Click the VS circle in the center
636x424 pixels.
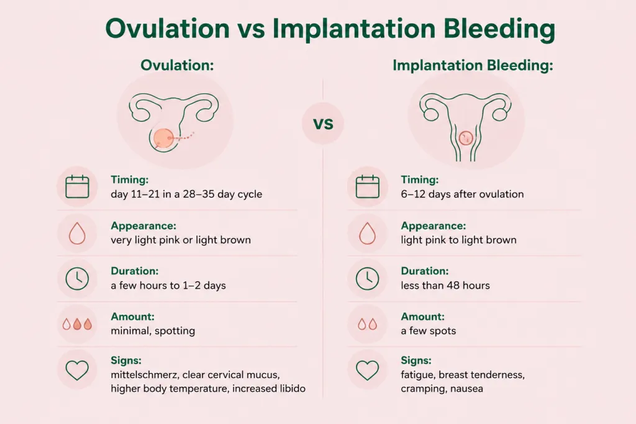(x=323, y=124)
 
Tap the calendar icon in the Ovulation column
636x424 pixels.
(x=77, y=187)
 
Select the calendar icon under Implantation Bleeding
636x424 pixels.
(x=368, y=187)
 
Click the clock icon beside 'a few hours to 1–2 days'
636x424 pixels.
(x=77, y=279)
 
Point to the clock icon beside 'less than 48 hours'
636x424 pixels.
(x=368, y=279)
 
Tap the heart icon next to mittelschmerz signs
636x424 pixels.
(x=77, y=370)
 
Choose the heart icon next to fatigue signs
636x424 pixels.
(x=368, y=370)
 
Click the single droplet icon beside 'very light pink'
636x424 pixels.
(x=77, y=233)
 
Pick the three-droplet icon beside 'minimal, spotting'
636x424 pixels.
(x=77, y=324)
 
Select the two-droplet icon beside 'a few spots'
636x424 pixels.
(x=368, y=324)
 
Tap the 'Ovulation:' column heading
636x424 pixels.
(x=177, y=65)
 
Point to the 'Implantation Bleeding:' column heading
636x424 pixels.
(x=473, y=65)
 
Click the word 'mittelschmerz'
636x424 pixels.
(x=145, y=374)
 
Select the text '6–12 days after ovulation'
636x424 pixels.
(x=462, y=194)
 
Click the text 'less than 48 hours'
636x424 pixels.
(x=445, y=286)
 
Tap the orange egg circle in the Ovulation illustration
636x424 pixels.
(x=163, y=138)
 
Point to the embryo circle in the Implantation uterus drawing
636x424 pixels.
(x=466, y=138)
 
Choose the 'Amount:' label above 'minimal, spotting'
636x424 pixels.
(x=133, y=317)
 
